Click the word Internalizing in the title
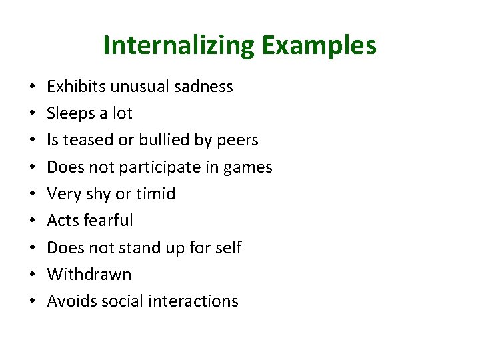[179, 45]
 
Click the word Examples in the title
[319, 45]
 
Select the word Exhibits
[76, 87]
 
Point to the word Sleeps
[71, 113]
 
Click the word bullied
[172, 140]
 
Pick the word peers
[239, 140]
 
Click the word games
[248, 167]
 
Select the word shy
[97, 194]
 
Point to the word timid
[155, 194]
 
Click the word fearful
[107, 221]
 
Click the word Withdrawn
[89, 274]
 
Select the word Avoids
[69, 301]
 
